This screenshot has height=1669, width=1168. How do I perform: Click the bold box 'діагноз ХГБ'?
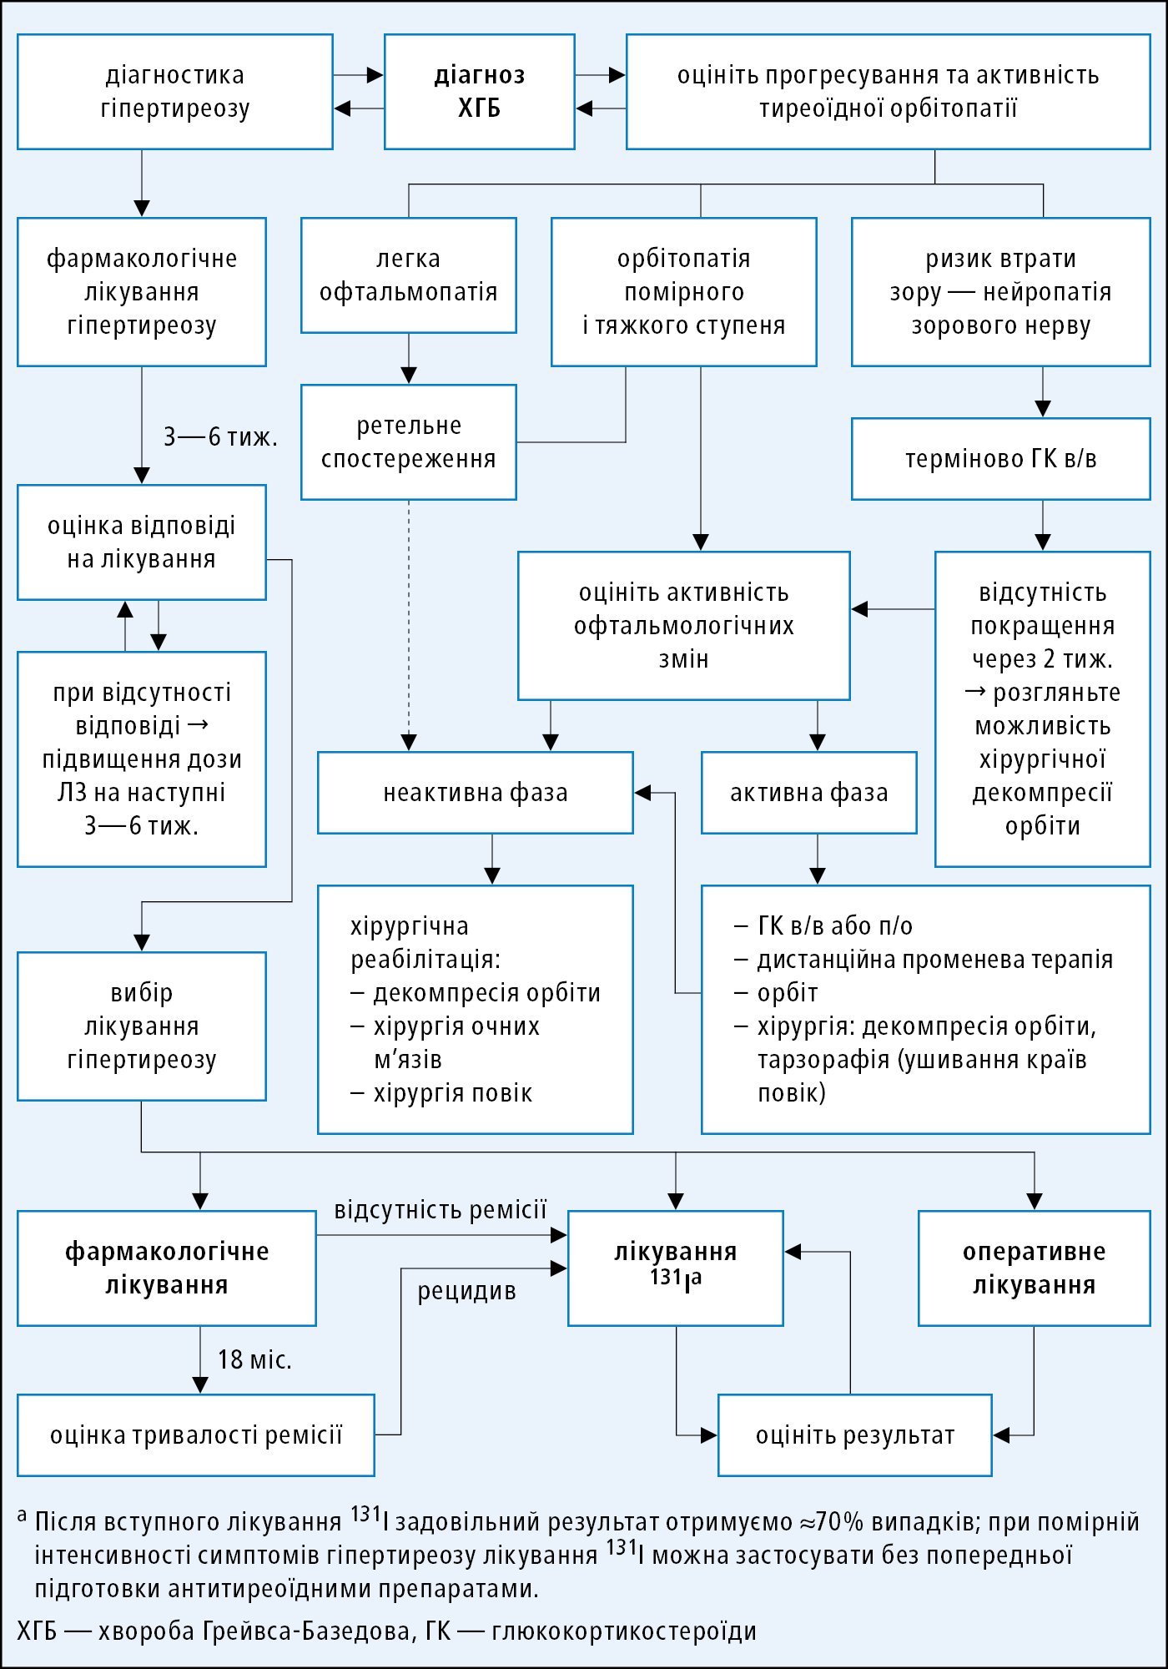click(480, 92)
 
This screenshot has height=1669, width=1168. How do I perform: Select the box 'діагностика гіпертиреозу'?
click(175, 92)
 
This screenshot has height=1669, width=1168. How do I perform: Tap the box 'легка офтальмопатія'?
click(409, 275)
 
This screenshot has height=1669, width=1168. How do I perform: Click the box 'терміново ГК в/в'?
click(1000, 459)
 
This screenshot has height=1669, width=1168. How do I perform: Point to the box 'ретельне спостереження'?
click(409, 442)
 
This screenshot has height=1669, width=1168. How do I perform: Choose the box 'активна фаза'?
click(808, 793)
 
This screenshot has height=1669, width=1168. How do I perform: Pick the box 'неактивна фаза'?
click(476, 793)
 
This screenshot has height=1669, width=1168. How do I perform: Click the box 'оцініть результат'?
click(854, 1435)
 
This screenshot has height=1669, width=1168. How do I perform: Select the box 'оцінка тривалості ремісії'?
click(196, 1435)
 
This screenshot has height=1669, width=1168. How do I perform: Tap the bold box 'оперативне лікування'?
click(1034, 1268)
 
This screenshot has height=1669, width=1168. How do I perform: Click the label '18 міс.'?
click(254, 1360)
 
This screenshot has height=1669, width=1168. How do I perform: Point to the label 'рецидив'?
click(466, 1291)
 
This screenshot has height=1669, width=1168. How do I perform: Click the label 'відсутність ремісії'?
click(441, 1210)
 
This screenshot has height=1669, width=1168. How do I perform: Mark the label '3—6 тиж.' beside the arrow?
click(220, 436)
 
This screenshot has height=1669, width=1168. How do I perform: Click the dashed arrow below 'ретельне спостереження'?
click(409, 626)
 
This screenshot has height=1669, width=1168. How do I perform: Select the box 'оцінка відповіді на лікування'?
click(142, 542)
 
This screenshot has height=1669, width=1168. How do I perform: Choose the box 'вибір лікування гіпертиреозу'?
click(142, 1026)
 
